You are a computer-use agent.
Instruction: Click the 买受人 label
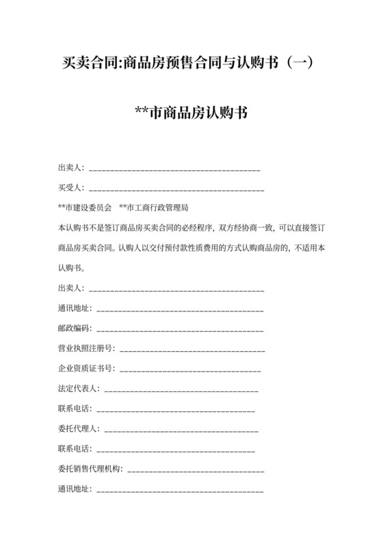tap(70, 188)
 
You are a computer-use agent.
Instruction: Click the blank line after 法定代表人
tap(181, 390)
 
